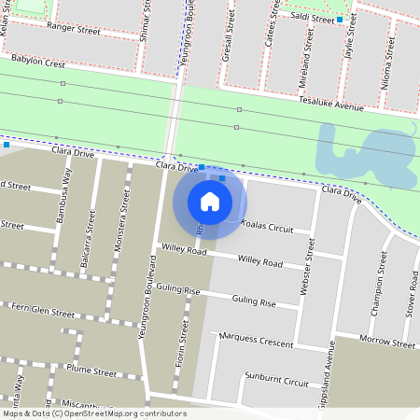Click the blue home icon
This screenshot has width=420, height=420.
(x=210, y=202)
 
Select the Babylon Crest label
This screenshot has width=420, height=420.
(x=38, y=63)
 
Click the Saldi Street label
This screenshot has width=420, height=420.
(x=312, y=19)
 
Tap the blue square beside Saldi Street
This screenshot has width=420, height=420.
(x=340, y=20)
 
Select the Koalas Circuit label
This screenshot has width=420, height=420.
(x=267, y=228)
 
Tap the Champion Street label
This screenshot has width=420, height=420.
(x=378, y=283)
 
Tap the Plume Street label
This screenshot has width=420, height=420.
(x=91, y=371)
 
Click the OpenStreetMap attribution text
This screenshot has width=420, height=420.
(x=94, y=413)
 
